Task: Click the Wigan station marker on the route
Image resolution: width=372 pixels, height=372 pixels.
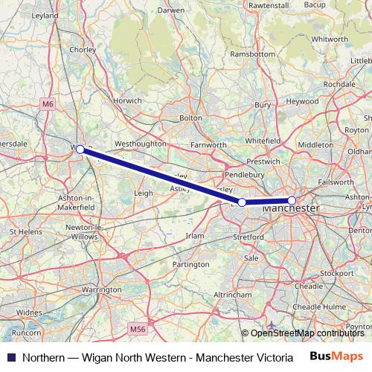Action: coord(80,150)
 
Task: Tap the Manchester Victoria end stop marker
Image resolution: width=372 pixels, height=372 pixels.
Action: coord(292,200)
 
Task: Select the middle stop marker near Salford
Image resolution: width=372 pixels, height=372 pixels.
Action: coord(242,202)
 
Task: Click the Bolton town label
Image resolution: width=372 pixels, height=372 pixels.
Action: coord(190,118)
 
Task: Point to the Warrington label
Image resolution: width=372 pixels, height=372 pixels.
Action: coord(101,289)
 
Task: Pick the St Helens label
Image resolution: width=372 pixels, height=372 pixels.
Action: coord(25,232)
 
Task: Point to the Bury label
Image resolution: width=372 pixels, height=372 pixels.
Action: coord(263,106)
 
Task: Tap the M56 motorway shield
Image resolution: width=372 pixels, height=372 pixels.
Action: coord(137,328)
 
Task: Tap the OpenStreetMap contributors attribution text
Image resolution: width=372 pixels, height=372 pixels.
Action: coord(306,333)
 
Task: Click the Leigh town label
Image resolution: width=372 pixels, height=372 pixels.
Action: coord(143,193)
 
